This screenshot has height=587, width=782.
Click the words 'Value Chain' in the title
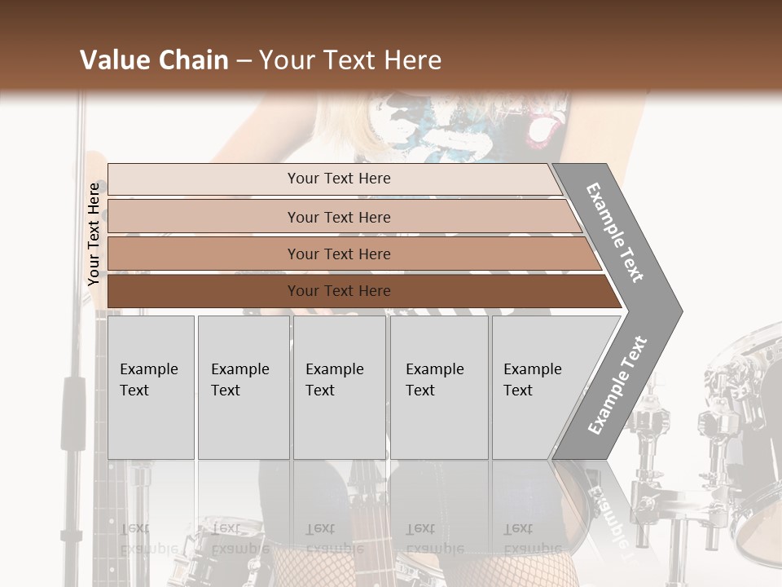click(x=154, y=60)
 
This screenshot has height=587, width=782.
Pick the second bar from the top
click(x=338, y=217)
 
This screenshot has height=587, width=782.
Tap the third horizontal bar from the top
click(x=338, y=254)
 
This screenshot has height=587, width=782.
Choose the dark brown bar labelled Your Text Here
click(x=338, y=291)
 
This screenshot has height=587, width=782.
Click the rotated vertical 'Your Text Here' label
click(x=94, y=234)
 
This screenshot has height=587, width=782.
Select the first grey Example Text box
click(x=151, y=387)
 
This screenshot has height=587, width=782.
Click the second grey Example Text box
click(x=243, y=387)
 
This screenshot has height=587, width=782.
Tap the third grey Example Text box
click(x=339, y=387)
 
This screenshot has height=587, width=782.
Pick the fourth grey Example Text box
click(x=439, y=387)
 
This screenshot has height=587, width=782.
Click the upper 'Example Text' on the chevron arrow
click(x=615, y=232)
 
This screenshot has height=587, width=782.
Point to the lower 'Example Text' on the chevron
click(x=617, y=386)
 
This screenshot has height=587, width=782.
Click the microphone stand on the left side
click(x=76, y=408)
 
